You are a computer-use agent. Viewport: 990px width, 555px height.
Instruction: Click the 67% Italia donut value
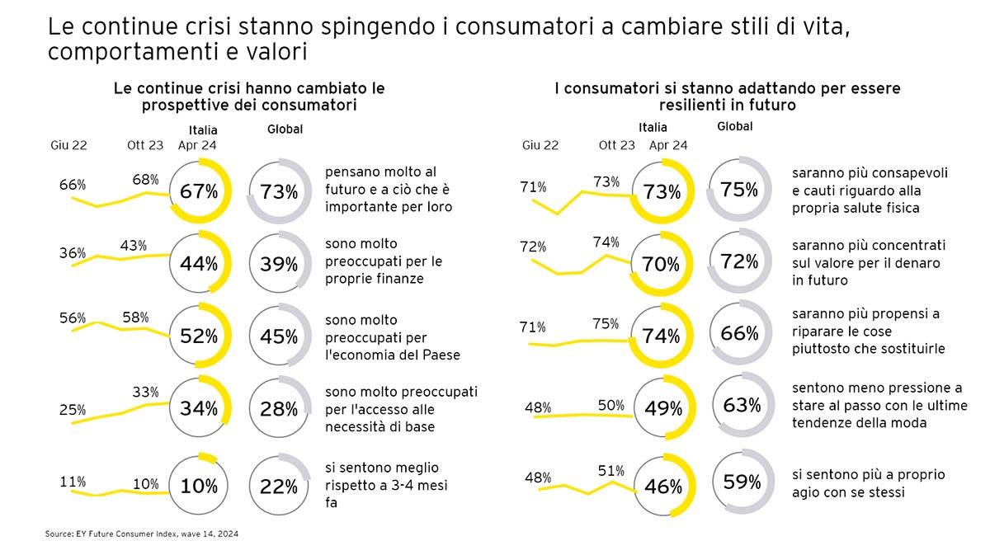tap(200, 192)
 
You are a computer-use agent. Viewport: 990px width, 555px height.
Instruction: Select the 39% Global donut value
tap(279, 264)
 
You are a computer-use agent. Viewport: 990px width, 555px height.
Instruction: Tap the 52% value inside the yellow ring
tap(200, 336)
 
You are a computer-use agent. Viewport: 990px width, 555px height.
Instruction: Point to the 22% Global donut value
tap(279, 487)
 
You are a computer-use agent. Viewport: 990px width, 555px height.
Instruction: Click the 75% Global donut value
tap(738, 189)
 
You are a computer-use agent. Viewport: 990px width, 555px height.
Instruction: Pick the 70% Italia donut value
tap(662, 265)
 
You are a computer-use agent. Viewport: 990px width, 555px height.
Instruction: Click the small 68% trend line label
tap(145, 179)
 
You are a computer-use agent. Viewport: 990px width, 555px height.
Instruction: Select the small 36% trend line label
tap(73, 253)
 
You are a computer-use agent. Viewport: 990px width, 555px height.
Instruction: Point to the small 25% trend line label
tap(73, 410)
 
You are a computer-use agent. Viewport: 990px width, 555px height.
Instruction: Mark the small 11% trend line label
tap(73, 481)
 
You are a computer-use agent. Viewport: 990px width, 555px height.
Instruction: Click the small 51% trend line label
tap(611, 471)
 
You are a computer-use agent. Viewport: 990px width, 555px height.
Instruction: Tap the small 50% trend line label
tap(611, 405)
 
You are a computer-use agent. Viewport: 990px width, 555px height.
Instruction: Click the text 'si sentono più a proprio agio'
tap(868, 484)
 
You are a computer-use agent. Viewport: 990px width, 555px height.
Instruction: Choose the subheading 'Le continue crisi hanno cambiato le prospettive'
tap(250, 96)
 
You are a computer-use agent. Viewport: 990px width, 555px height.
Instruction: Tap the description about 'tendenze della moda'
tap(877, 405)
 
